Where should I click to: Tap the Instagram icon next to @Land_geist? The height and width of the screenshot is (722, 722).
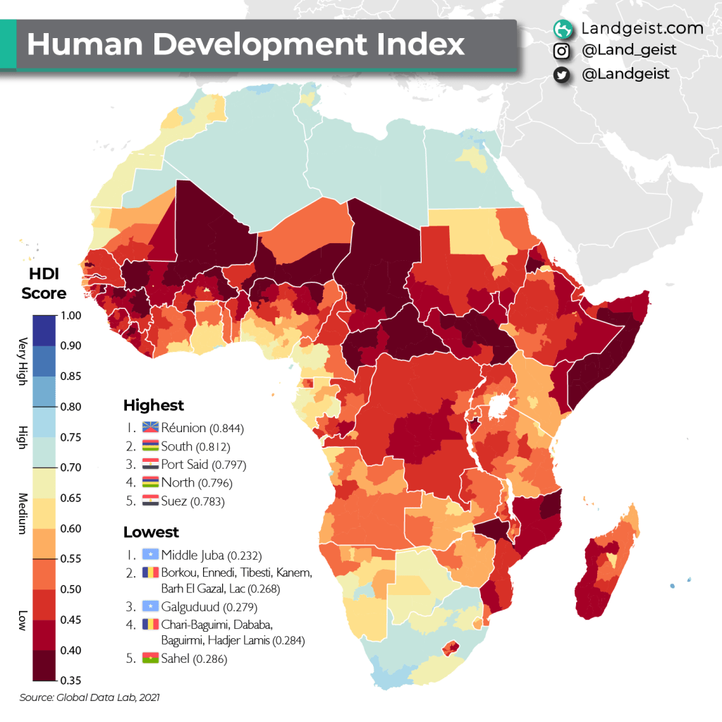pyautogui.click(x=562, y=51)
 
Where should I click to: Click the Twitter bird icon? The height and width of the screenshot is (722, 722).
pyautogui.click(x=562, y=74)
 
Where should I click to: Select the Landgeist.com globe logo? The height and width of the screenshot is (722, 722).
pyautogui.click(x=562, y=28)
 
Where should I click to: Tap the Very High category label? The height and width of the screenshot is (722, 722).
pyautogui.click(x=22, y=361)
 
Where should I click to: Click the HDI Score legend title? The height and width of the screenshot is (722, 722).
pyautogui.click(x=44, y=283)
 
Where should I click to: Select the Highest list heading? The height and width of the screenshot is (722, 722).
pyautogui.click(x=153, y=405)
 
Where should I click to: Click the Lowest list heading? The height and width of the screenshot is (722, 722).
pyautogui.click(x=151, y=532)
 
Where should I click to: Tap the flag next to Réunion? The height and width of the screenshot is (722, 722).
pyautogui.click(x=150, y=428)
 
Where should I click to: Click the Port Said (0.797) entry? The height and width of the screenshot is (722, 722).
pyautogui.click(x=203, y=465)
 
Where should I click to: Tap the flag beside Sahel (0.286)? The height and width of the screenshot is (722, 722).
pyautogui.click(x=150, y=659)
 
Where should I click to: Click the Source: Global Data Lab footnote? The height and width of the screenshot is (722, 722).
pyautogui.click(x=89, y=697)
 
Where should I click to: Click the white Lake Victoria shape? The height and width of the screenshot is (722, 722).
pyautogui.click(x=499, y=407)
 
